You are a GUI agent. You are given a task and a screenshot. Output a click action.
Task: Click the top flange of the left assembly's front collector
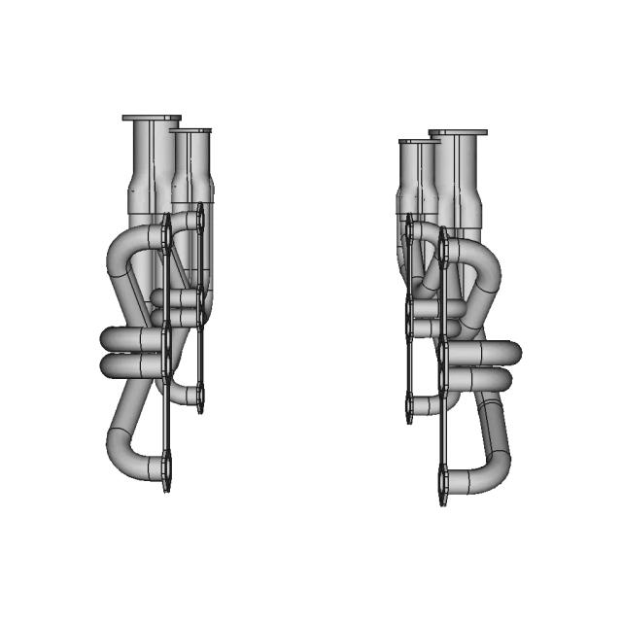tap(152, 119)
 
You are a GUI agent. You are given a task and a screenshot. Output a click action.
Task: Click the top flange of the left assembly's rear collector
tap(190, 131)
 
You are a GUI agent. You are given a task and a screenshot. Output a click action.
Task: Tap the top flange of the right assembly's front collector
tap(458, 133)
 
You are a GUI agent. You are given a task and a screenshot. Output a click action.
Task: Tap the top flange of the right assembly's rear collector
tap(418, 142)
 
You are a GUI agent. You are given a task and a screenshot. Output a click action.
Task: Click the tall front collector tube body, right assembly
tap(460, 185)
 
